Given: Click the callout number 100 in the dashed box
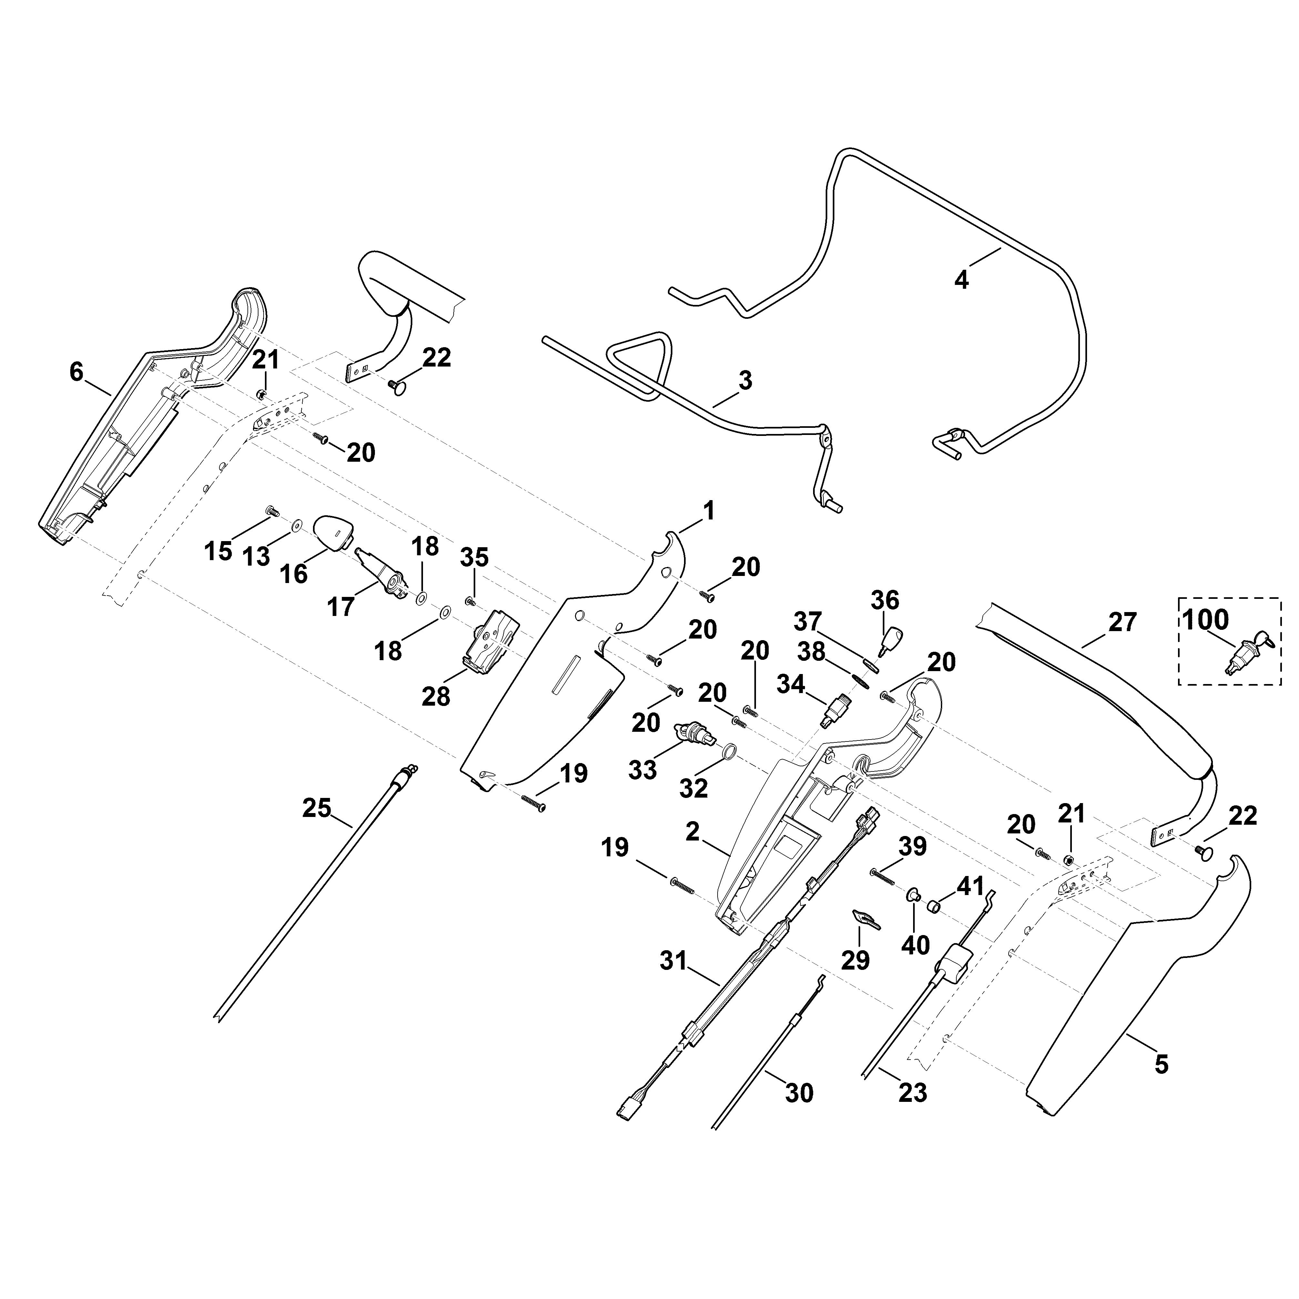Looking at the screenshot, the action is click(1205, 619).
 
